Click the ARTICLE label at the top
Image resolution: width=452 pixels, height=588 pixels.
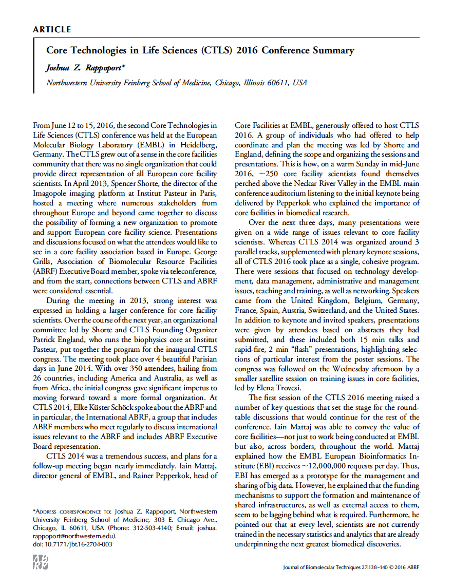tap(52, 29)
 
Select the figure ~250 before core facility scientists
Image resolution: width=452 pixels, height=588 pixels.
tap(263, 174)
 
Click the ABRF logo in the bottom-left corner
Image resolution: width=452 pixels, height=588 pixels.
tap(41, 561)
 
